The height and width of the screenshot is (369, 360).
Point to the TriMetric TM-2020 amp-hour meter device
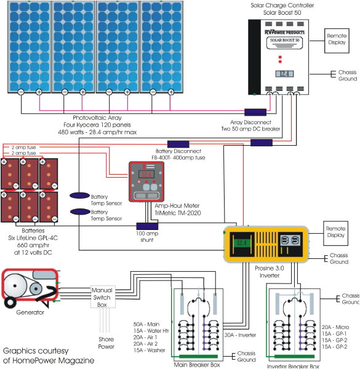click(146, 182)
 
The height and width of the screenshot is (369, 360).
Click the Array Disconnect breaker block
click(255, 113)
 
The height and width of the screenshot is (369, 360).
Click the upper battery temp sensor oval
click(79, 195)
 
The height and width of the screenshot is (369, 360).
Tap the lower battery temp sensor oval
click(79, 212)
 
